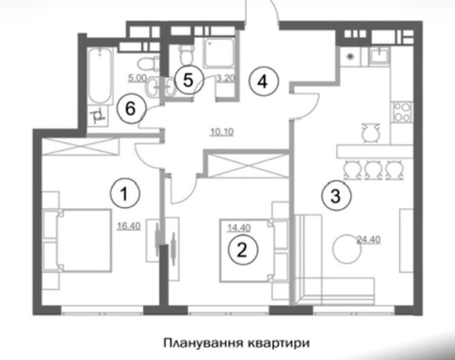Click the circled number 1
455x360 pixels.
click(x=125, y=194)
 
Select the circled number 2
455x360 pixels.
click(x=243, y=250)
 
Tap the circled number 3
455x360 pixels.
click(x=336, y=196)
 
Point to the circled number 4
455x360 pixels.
click(x=263, y=81)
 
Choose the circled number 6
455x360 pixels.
click(x=131, y=109)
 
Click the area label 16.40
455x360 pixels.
click(x=129, y=226)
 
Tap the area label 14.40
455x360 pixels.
click(x=239, y=228)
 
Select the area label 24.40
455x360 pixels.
click(x=369, y=240)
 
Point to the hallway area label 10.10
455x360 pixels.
click(x=222, y=132)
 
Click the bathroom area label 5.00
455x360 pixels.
click(x=137, y=78)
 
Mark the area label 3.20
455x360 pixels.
click(x=226, y=78)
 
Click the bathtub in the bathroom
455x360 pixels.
click(x=100, y=76)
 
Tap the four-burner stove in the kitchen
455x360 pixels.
click(x=402, y=112)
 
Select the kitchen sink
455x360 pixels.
click(x=379, y=56)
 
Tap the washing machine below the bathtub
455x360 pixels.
click(x=98, y=115)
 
